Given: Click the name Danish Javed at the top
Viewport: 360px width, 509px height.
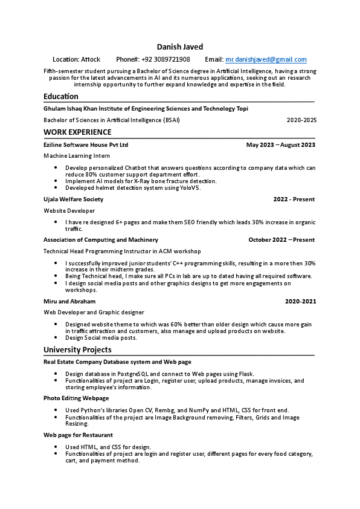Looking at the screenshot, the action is tap(180, 47).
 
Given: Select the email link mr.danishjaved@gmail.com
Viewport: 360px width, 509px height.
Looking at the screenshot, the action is tap(266, 59).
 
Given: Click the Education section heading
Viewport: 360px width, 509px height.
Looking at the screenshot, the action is tap(61, 96).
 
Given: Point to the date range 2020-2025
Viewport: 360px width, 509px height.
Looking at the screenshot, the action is tap(301, 120).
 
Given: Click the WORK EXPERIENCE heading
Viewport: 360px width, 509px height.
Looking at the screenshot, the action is tap(77, 132).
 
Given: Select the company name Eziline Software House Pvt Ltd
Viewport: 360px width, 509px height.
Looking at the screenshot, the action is tap(86, 145).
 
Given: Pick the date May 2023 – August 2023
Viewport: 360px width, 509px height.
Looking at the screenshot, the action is tap(281, 145).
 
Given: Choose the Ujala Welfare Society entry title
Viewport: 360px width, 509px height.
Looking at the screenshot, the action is tap(74, 199).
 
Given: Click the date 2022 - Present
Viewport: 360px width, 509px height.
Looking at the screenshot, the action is tap(294, 199).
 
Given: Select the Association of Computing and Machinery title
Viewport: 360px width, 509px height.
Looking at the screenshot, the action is tap(101, 240).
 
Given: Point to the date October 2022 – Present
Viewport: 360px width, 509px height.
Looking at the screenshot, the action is tap(281, 240).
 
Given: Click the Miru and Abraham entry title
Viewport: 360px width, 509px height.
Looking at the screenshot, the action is tap(69, 301).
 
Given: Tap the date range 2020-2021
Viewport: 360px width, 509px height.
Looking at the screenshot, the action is tap(300, 301).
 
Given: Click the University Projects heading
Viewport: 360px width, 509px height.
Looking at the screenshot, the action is tap(77, 349).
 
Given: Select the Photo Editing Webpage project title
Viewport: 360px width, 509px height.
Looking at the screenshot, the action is tap(76, 398).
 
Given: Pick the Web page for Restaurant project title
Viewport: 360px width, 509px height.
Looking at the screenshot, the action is tap(78, 435).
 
